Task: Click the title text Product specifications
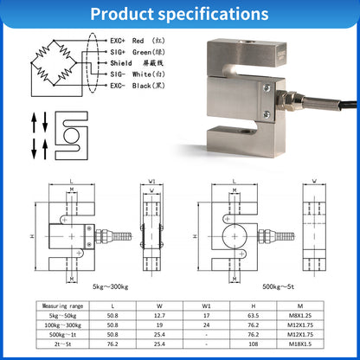tap(179, 14)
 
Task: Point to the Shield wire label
tap(132, 62)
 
